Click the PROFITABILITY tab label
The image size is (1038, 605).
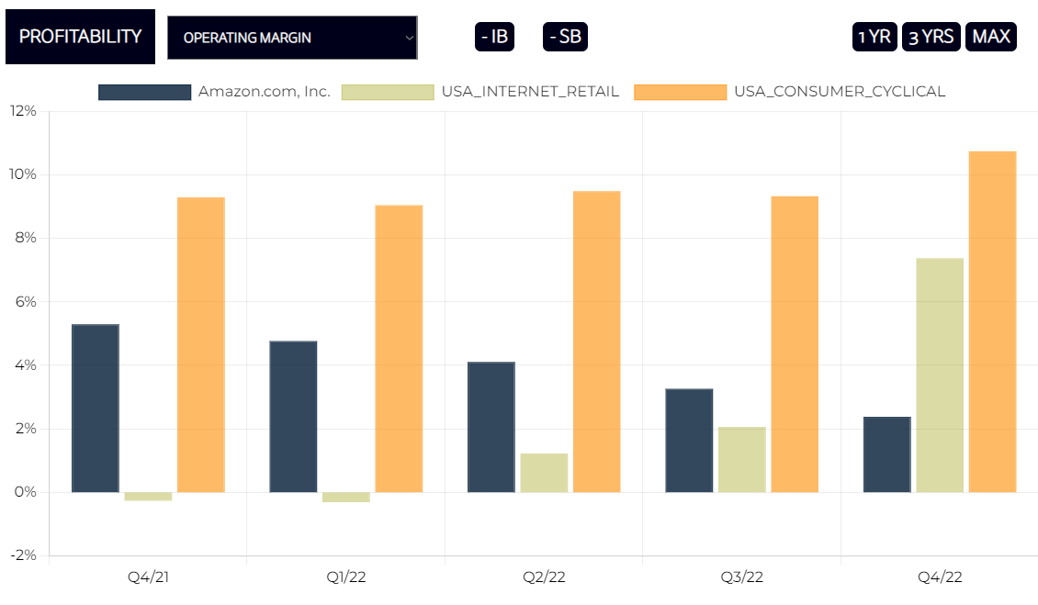click(x=80, y=37)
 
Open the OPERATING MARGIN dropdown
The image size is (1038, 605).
click(x=292, y=38)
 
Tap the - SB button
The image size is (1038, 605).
click(x=565, y=37)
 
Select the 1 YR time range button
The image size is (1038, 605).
click(x=874, y=37)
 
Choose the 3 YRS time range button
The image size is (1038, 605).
click(x=931, y=37)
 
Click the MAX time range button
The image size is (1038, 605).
click(x=991, y=37)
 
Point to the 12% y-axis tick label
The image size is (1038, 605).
click(x=23, y=111)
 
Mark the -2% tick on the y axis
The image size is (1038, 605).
click(x=23, y=555)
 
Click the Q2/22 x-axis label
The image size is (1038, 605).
click(x=544, y=577)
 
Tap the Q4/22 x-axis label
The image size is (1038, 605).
click(x=940, y=577)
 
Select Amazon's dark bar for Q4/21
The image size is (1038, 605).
click(x=96, y=409)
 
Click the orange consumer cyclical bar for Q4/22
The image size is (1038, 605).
click(x=992, y=321)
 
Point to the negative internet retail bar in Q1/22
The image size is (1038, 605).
click(x=346, y=497)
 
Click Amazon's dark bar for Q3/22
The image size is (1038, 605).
click(x=689, y=441)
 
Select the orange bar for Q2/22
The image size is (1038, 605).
click(x=596, y=342)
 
